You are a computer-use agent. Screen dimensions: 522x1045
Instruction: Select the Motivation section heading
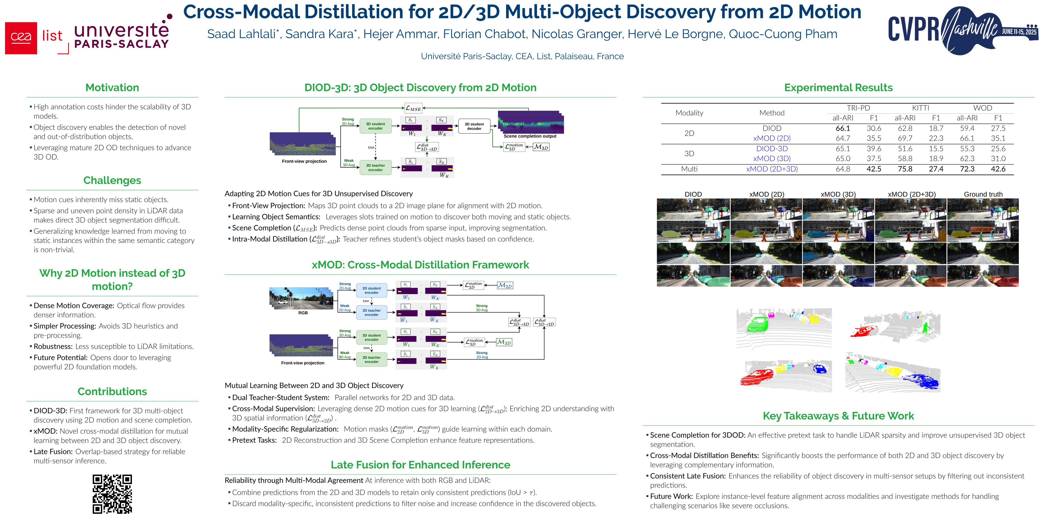coord(112,87)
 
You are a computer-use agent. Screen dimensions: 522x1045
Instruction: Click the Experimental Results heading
coord(838,87)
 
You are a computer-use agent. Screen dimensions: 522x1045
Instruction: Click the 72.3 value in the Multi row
coord(967,169)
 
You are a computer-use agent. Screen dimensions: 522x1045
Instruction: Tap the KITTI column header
coord(920,108)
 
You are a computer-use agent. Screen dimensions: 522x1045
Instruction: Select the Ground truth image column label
coord(983,194)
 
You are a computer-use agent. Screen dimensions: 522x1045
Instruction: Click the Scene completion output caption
coord(530,136)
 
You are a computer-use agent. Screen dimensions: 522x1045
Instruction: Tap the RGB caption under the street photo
coord(303,313)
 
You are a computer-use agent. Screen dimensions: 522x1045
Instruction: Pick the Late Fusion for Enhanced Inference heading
coord(420,465)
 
